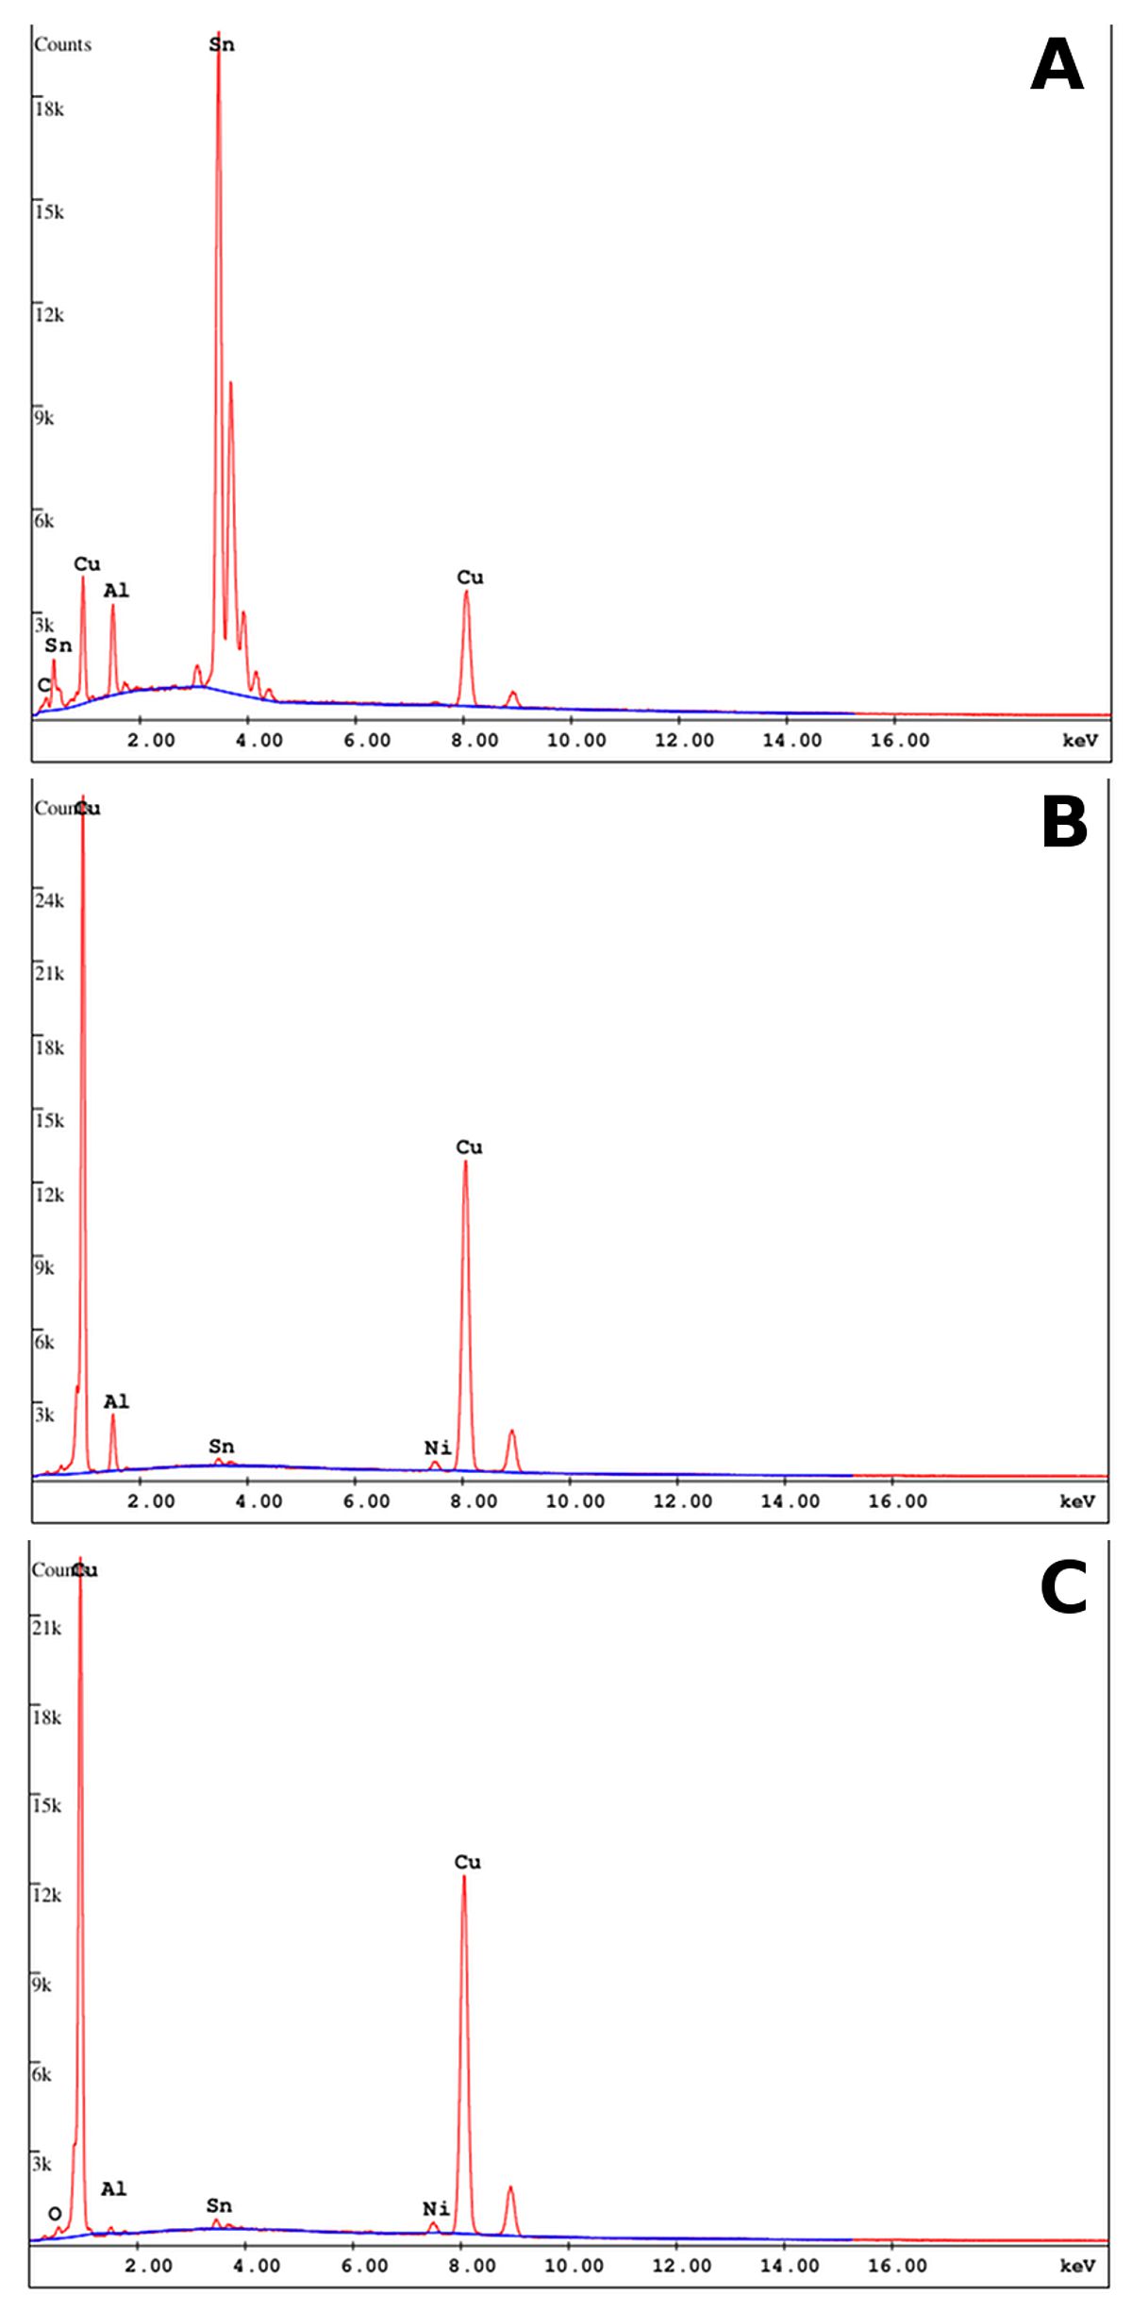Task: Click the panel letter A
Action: pyautogui.click(x=1057, y=65)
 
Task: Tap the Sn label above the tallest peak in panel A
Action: pyautogui.click(x=222, y=44)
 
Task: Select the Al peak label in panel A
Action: pyautogui.click(x=116, y=591)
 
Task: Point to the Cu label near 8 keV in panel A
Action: pyautogui.click(x=470, y=577)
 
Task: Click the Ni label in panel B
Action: pyautogui.click(x=437, y=1448)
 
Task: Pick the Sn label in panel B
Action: pyautogui.click(x=222, y=1446)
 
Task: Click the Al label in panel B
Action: pyautogui.click(x=116, y=1402)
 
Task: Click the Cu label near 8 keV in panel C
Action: pyautogui.click(x=468, y=1862)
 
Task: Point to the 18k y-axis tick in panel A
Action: pyautogui.click(x=49, y=109)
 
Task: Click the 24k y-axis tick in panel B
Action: pyautogui.click(x=49, y=900)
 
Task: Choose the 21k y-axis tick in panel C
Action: pyautogui.click(x=47, y=1628)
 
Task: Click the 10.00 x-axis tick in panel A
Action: pyautogui.click(x=576, y=741)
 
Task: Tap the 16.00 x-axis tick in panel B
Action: pyautogui.click(x=897, y=1501)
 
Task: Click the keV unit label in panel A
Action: pyautogui.click(x=1080, y=741)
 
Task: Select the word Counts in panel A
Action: pyautogui.click(x=62, y=44)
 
